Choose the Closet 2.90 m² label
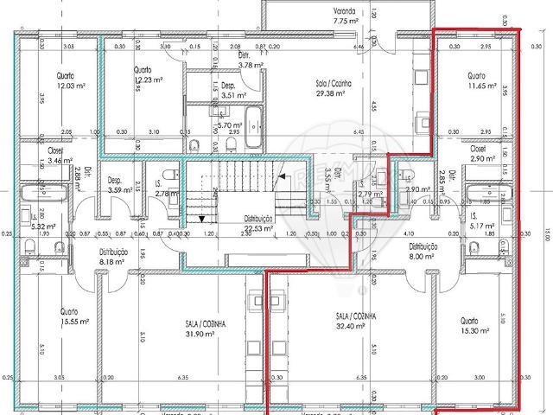tap(483, 154)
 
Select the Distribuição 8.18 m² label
tap(113, 257)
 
